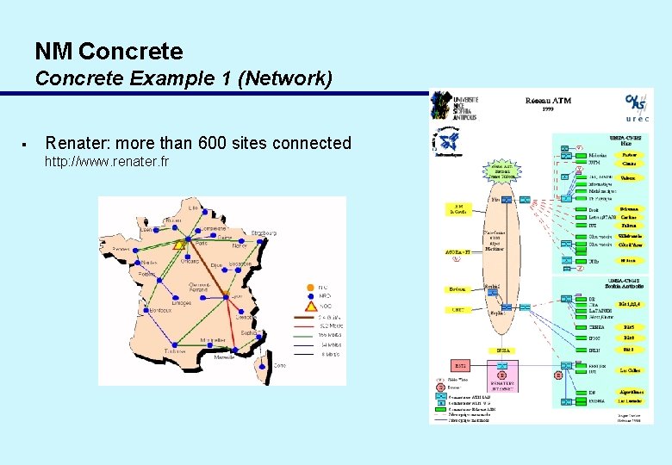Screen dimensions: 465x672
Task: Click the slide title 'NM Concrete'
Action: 109,52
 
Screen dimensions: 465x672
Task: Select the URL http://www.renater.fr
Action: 107,162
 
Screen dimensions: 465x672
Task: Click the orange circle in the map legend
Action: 311,288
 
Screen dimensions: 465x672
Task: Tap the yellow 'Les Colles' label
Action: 629,371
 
